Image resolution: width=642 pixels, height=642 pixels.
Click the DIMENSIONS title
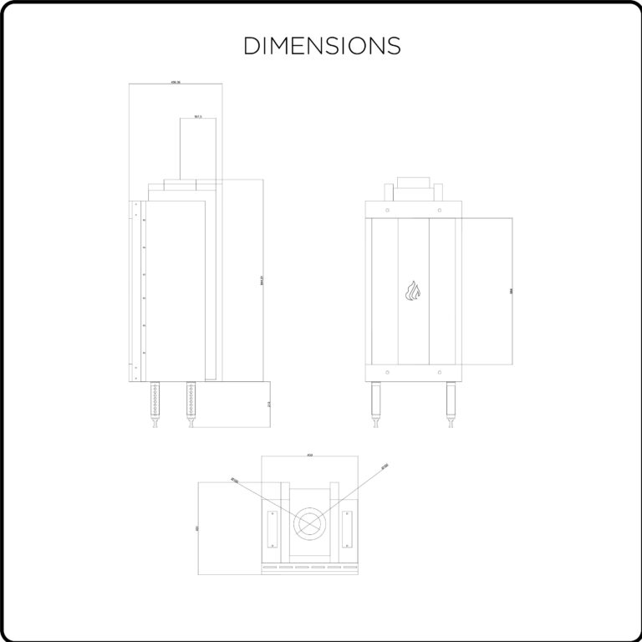pyautogui.click(x=322, y=45)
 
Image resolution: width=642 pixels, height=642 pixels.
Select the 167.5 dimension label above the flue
pyautogui.click(x=197, y=116)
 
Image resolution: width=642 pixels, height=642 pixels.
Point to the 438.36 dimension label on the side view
pyautogui.click(x=176, y=82)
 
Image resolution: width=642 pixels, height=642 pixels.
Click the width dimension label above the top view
pyautogui.click(x=309, y=455)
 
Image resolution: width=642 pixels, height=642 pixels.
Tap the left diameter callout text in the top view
pyautogui.click(x=235, y=481)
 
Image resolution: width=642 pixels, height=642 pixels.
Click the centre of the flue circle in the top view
pyautogui.click(x=309, y=523)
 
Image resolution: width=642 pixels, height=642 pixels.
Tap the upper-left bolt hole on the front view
pyautogui.click(x=387, y=210)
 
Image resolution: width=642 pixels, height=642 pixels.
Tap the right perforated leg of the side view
pyautogui.click(x=193, y=403)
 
